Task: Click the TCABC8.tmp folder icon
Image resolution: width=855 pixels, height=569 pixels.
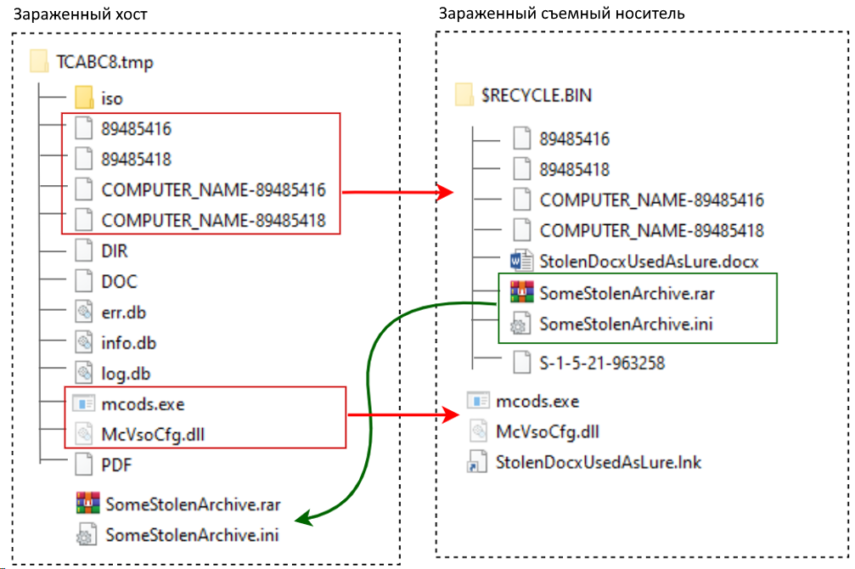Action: click(x=39, y=61)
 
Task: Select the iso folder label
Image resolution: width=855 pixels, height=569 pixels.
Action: click(x=112, y=99)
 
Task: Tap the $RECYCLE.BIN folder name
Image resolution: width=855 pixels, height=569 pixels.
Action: click(x=537, y=95)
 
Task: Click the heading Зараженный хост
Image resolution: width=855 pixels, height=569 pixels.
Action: click(x=80, y=14)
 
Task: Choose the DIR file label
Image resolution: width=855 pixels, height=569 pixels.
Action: click(x=115, y=251)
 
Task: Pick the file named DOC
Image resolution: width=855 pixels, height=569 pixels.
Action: click(x=120, y=281)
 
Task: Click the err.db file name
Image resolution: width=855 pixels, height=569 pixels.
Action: click(x=124, y=313)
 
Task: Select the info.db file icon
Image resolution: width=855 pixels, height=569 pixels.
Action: click(x=84, y=342)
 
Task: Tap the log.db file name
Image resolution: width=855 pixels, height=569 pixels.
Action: click(x=126, y=374)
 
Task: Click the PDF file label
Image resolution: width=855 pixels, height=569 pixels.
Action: click(x=116, y=465)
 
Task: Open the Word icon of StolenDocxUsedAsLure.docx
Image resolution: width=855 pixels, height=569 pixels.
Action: click(x=521, y=261)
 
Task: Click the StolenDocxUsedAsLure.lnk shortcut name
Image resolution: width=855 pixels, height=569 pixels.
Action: click(x=599, y=463)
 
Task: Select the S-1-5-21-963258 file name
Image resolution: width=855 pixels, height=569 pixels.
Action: click(x=602, y=363)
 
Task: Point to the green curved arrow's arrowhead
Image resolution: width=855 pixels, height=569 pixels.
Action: click(x=303, y=518)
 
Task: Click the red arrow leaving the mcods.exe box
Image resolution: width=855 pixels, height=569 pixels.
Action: click(x=403, y=414)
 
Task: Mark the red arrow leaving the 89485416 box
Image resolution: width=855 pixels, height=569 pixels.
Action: click(x=397, y=192)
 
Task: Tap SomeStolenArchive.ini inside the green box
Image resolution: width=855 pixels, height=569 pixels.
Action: click(x=626, y=324)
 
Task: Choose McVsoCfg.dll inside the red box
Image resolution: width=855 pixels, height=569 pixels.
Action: click(x=153, y=435)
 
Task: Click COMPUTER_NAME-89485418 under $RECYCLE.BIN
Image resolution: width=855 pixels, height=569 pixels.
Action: click(x=651, y=231)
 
